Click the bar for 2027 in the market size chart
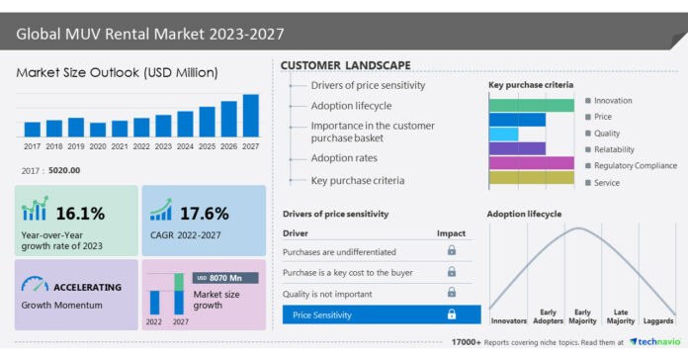pyautogui.click(x=250, y=115)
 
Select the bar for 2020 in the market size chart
pyautogui.click(x=98, y=129)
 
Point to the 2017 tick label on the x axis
pyautogui.click(x=32, y=146)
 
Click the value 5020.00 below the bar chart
pyautogui.click(x=64, y=171)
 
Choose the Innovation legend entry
pyautogui.click(x=613, y=101)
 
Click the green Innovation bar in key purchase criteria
pyautogui.click(x=531, y=105)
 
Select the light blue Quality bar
pyautogui.click(x=503, y=134)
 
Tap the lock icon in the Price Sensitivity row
pyautogui.click(x=452, y=315)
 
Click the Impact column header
pyautogui.click(x=451, y=232)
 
